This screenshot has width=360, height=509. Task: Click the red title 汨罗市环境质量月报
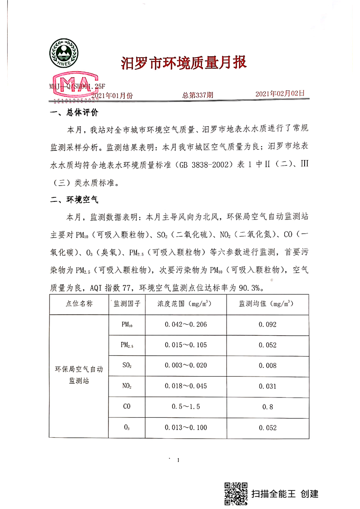(x=183, y=63)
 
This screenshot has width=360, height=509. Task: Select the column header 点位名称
(x=79, y=303)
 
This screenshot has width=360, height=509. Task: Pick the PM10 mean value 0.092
(x=267, y=324)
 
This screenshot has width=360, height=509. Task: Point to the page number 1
(x=179, y=461)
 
